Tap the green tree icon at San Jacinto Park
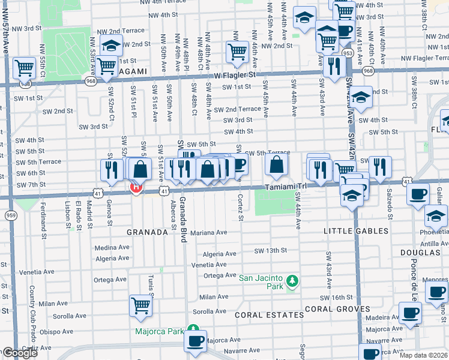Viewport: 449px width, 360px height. pos(292,281)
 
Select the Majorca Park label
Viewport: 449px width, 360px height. pos(160,331)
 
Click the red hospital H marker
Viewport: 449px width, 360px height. pos(136,188)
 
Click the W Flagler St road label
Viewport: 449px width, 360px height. pos(235,75)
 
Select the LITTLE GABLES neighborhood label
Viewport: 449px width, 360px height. pos(355,231)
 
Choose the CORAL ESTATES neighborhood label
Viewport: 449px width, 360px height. pos(269,314)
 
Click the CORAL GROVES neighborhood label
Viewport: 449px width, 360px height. pos(338,309)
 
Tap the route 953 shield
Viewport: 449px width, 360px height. pos(347,53)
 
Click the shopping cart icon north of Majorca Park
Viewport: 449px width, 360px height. pos(140,305)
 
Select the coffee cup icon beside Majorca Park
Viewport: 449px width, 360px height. pos(195,341)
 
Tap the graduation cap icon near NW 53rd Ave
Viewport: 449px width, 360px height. pos(111,45)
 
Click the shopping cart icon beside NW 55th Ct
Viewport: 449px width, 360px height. pos(25,68)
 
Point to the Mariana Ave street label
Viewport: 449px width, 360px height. pos(208,232)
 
